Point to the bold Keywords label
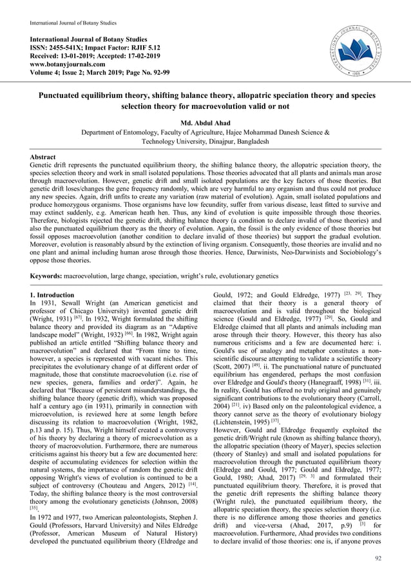(x=49, y=276)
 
